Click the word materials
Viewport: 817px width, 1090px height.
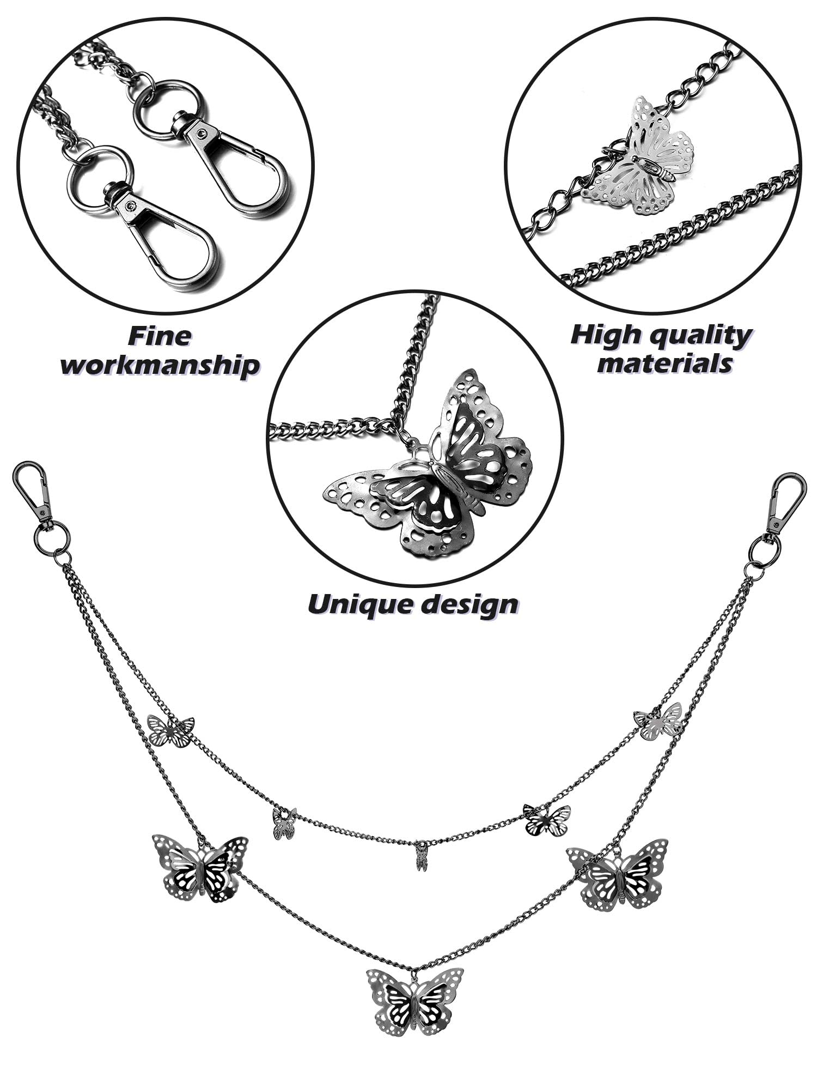click(x=664, y=363)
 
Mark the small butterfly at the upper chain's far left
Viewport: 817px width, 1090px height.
click(x=171, y=731)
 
